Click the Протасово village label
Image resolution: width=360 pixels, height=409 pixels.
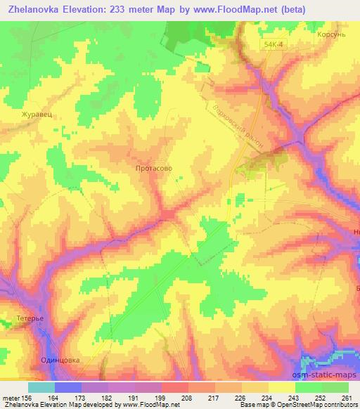click(153, 169)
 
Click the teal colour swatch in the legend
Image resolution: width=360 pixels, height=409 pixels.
click(41, 387)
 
